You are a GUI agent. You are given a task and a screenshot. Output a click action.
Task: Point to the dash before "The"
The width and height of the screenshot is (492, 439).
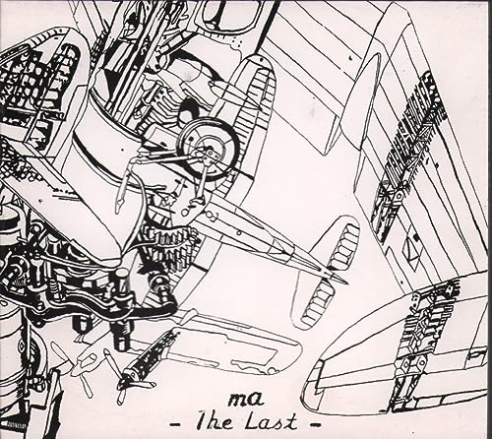(x=182, y=424)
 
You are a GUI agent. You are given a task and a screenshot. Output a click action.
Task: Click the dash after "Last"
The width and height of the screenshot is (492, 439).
(x=314, y=425)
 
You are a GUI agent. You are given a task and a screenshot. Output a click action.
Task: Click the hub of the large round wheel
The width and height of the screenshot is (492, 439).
(x=206, y=145)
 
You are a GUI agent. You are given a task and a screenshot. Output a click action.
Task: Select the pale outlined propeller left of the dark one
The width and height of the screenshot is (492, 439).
(x=81, y=364)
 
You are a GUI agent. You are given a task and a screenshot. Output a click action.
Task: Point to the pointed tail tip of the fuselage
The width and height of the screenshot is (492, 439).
(x=345, y=282)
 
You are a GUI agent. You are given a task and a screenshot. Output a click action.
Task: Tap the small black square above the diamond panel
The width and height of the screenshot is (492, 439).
(x=416, y=236)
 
